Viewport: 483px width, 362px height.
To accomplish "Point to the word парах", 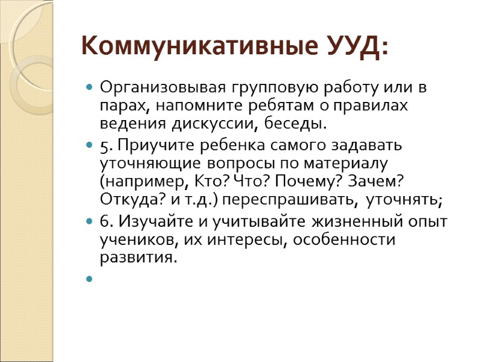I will point(119,106).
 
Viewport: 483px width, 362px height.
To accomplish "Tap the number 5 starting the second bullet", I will point(103,146).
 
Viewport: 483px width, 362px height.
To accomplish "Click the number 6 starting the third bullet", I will point(103,221).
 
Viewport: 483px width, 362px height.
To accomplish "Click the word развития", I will point(138,258).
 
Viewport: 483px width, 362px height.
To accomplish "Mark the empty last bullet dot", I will point(89,279).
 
